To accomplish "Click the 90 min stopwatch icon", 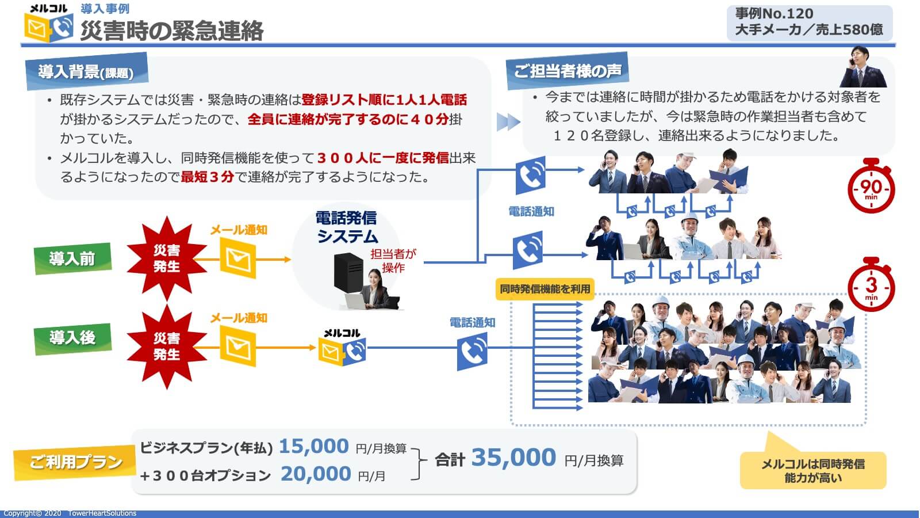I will (871, 187).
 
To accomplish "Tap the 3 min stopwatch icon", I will (871, 285).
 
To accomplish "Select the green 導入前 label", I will (72, 258).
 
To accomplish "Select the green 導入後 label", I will (72, 337).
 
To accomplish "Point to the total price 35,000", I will (513, 458).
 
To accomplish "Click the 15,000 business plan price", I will (314, 447).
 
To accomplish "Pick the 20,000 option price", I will (316, 474).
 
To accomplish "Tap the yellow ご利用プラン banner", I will (75, 462).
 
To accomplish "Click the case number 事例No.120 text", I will (774, 13).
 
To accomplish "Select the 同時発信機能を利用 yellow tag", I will (545, 289).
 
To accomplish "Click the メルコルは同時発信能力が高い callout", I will (812, 470).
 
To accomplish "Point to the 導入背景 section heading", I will (86, 72).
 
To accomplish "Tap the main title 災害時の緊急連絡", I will (171, 31).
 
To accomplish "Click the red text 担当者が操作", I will (393, 261).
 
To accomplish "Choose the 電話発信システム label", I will (347, 227).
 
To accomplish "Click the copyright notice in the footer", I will (70, 513).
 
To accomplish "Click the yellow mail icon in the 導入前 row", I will (237, 258).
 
